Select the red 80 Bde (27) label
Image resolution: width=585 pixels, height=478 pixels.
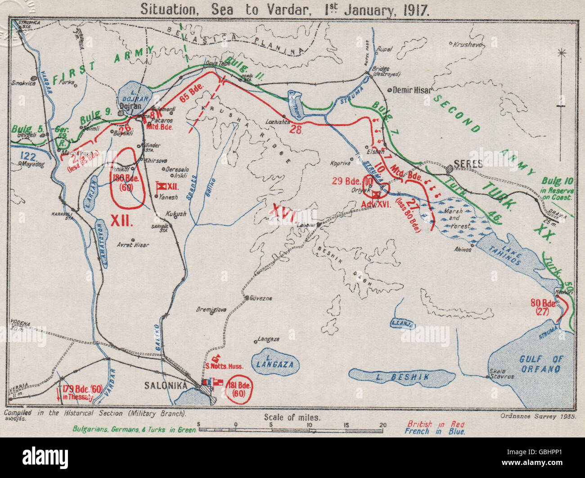[x=543, y=306]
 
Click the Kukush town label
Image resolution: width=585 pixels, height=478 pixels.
[x=175, y=214]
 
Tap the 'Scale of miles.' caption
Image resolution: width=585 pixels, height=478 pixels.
[x=292, y=417]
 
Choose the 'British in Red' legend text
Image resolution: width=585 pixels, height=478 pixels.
[x=435, y=424]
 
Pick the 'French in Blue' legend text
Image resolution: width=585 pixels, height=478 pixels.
[x=434, y=432]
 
